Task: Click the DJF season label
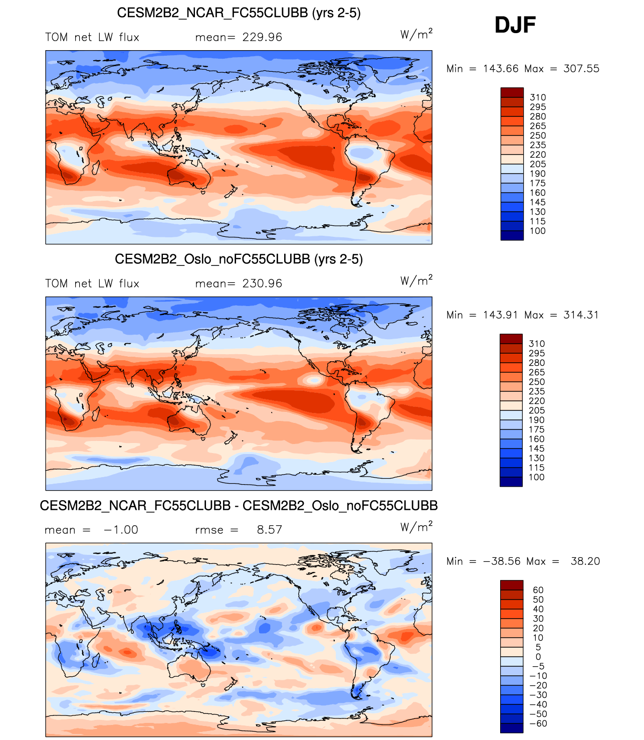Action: (515, 25)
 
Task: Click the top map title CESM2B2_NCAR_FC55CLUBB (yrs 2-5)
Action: (239, 13)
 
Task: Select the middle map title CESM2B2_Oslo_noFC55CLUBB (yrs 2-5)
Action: (239, 259)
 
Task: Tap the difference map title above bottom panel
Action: (239, 505)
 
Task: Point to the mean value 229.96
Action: (262, 37)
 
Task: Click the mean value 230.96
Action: (262, 283)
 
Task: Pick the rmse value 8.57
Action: (269, 530)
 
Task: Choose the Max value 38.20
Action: (585, 561)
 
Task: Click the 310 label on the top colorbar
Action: (538, 97)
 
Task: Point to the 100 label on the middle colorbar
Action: (536, 477)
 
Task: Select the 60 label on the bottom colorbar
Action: (538, 590)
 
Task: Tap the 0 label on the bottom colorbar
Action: (538, 657)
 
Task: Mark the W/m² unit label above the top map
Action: (416, 34)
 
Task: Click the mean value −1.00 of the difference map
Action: (121, 530)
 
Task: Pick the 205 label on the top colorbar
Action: (538, 164)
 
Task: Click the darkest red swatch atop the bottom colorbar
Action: (512, 585)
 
